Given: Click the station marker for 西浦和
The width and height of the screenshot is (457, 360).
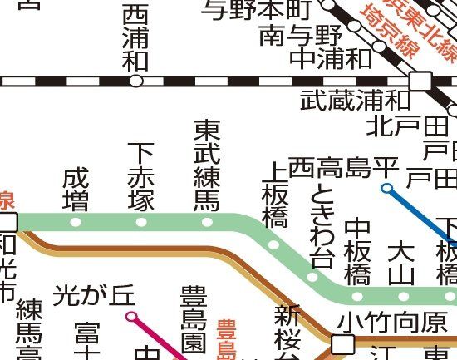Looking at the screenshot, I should (136, 81).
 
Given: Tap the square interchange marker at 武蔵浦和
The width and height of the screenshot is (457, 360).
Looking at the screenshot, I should (420, 81).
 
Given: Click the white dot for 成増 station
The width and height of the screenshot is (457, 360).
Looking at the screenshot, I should (76, 223).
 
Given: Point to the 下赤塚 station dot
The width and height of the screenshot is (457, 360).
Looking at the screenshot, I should (141, 223).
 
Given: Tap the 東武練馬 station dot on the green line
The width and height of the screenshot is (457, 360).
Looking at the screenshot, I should (207, 223).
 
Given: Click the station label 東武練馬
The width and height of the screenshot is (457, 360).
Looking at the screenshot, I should (207, 165).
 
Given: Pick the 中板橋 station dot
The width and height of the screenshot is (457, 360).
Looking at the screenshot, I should (358, 295).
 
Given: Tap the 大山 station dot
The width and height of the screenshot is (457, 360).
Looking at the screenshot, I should (403, 295).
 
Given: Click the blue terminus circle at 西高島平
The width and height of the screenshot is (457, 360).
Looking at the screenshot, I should (386, 189).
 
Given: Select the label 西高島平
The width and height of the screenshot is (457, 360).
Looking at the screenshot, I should (344, 166).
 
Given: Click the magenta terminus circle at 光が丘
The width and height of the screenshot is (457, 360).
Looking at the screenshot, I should (130, 316).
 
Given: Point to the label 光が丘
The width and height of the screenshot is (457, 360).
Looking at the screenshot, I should (93, 294).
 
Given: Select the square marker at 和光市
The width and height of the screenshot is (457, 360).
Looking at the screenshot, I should (9, 222).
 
